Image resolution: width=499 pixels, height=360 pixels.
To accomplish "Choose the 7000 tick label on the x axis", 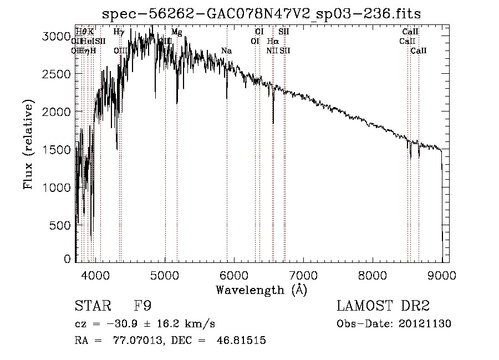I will coord(303,273).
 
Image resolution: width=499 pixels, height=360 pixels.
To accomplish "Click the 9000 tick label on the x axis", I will coord(442,273).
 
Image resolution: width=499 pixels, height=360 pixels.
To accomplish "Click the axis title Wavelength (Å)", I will coord(261,289).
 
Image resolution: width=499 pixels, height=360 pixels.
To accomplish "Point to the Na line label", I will coord(226,51).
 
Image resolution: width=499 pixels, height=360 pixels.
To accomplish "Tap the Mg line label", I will coord(176,32).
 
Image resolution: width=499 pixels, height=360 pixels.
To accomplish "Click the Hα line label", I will coord(273,42).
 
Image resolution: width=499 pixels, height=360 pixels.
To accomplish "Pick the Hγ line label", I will coord(119,32).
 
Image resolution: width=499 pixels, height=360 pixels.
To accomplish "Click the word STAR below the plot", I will coord(91,306).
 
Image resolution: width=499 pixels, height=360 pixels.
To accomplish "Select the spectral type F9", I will coord(143,306).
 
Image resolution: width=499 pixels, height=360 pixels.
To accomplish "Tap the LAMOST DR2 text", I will coord(383,306).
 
